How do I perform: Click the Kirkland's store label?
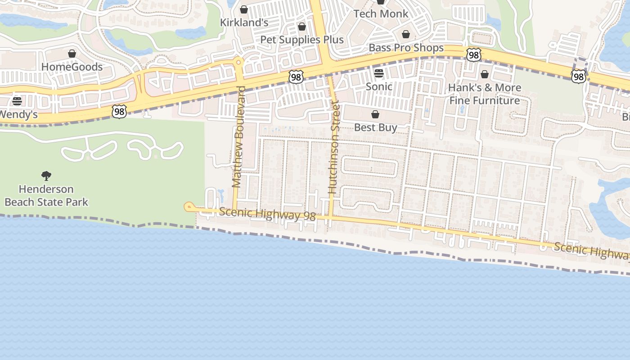244,22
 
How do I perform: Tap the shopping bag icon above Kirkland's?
244,9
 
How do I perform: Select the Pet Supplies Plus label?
302,40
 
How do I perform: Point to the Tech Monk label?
381,13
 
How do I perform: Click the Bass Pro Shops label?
406,48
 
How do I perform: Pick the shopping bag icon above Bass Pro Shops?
406,35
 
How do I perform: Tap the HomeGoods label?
72,67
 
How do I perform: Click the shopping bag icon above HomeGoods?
72,54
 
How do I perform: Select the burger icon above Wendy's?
17,101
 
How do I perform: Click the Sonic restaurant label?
379,86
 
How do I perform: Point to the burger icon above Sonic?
379,73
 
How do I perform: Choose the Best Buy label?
375,127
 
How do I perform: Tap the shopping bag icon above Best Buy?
375,114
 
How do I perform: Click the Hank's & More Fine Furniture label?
485,94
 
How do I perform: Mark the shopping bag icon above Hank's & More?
485,74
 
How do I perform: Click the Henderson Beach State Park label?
46,195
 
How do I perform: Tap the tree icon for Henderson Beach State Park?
46,176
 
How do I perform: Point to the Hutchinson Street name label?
333,148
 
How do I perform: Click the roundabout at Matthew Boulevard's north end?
238,62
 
